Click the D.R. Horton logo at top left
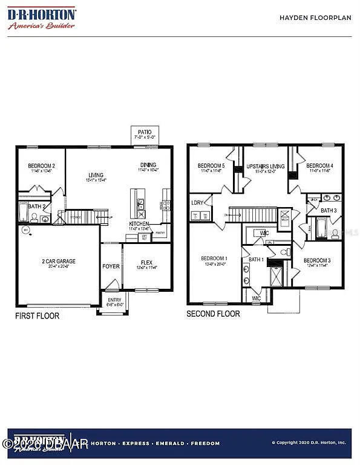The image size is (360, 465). (x=42, y=18)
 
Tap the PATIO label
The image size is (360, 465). (x=145, y=132)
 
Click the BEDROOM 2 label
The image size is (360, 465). (x=42, y=166)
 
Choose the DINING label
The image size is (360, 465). (x=148, y=165)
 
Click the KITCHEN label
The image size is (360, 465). (x=139, y=224)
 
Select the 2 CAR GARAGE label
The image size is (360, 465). (x=59, y=262)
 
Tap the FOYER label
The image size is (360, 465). (x=111, y=265)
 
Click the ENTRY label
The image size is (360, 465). (x=114, y=300)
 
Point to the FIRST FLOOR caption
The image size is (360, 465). (x=38, y=316)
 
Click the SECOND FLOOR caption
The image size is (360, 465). (x=213, y=314)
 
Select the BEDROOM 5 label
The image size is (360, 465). (x=211, y=166)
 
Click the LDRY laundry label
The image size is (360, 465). (x=197, y=203)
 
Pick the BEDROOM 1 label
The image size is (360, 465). (x=215, y=258)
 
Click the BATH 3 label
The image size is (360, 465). (x=329, y=210)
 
